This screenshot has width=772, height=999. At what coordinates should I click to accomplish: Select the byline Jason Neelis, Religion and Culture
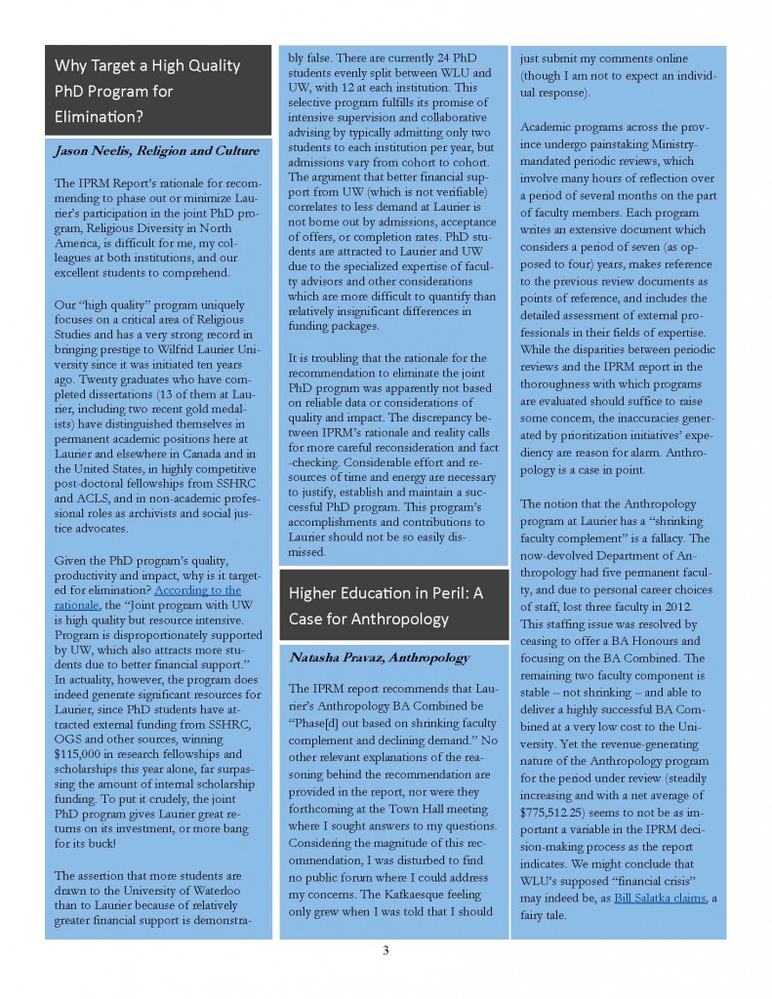pos(156,150)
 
